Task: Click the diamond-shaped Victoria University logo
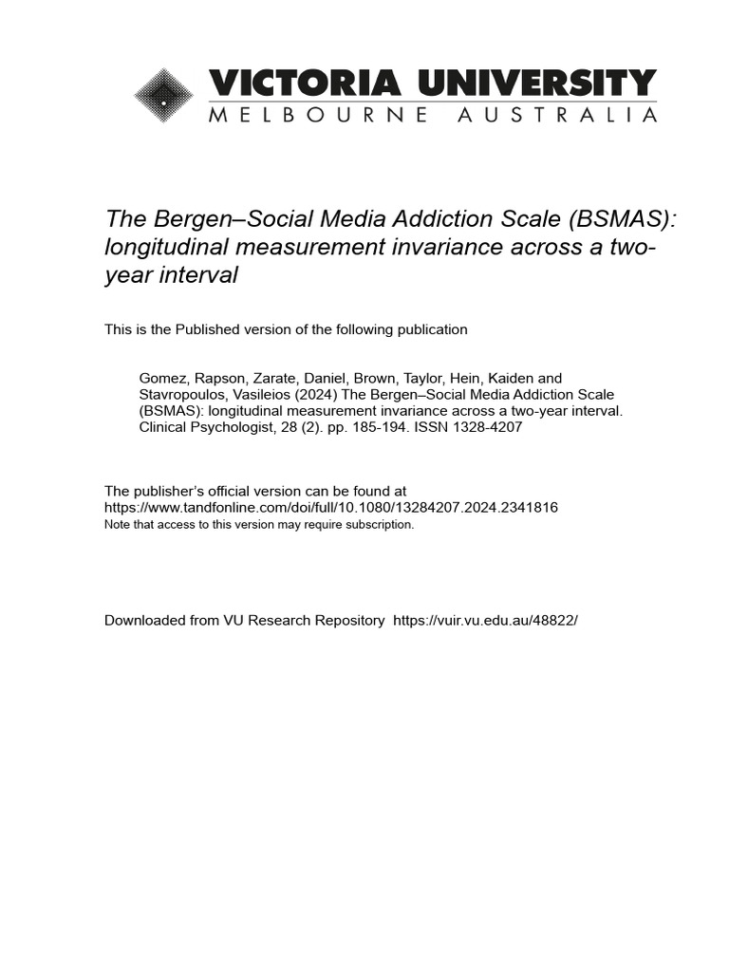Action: click(x=164, y=96)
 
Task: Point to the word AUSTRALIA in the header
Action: click(x=557, y=116)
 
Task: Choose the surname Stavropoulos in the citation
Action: click(x=181, y=395)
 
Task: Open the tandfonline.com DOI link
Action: click(x=330, y=508)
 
